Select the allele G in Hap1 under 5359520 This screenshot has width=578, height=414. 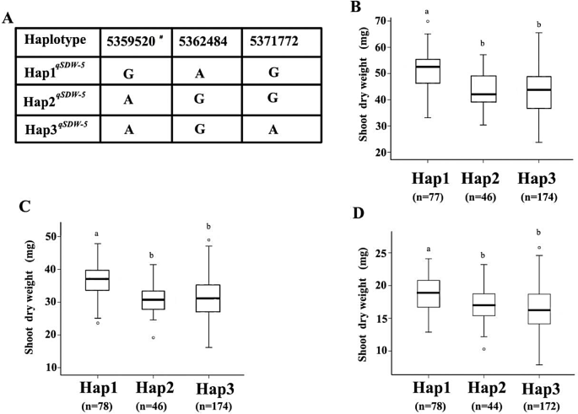click(128, 73)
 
